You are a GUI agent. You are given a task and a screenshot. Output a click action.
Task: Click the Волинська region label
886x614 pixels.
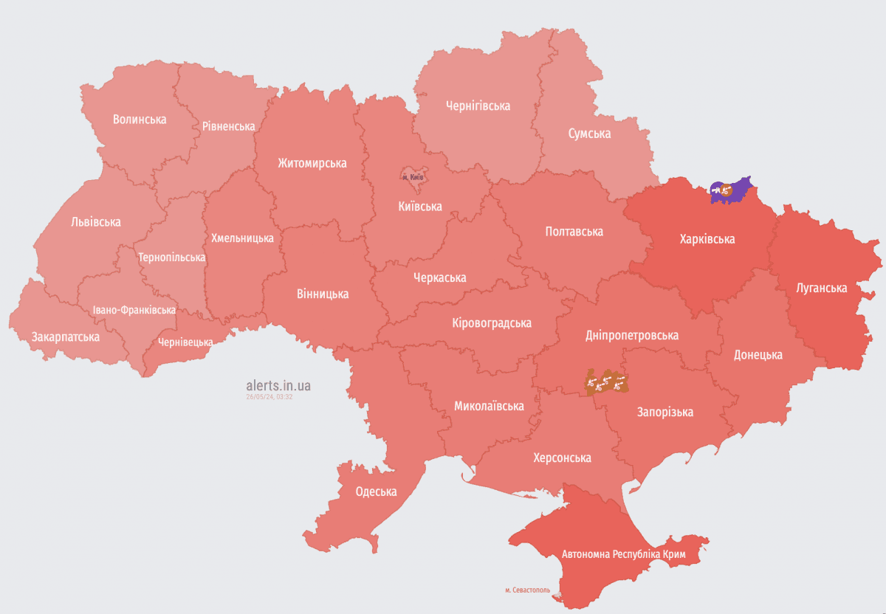140,119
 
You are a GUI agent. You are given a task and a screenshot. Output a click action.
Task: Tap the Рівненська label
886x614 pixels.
228,126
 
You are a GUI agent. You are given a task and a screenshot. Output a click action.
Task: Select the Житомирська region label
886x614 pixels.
312,163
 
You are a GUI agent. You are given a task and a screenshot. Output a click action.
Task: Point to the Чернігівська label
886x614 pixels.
478,106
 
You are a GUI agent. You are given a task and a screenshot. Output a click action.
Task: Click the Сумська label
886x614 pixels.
589,134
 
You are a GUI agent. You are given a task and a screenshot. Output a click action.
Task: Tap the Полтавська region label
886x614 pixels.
574,232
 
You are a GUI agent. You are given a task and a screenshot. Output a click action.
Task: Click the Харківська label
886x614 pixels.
707,239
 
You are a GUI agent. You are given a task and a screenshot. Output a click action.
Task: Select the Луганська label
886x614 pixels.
821,287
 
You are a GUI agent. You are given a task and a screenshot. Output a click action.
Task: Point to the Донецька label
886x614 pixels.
758,355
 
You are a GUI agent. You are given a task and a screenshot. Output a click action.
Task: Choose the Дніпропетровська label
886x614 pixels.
631,335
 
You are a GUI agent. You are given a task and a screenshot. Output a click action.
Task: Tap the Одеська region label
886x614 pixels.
376,491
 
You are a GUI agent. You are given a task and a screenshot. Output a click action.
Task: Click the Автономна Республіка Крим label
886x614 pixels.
624,553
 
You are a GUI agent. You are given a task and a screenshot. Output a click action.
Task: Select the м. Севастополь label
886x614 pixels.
527,590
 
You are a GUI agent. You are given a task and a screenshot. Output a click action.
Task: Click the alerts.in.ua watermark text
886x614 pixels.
278,385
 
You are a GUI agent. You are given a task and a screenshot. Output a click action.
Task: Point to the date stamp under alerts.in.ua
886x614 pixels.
269,397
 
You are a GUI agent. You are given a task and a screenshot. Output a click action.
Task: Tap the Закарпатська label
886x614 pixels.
65,337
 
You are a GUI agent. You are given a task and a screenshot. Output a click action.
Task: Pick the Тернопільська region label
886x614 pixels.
171,258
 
